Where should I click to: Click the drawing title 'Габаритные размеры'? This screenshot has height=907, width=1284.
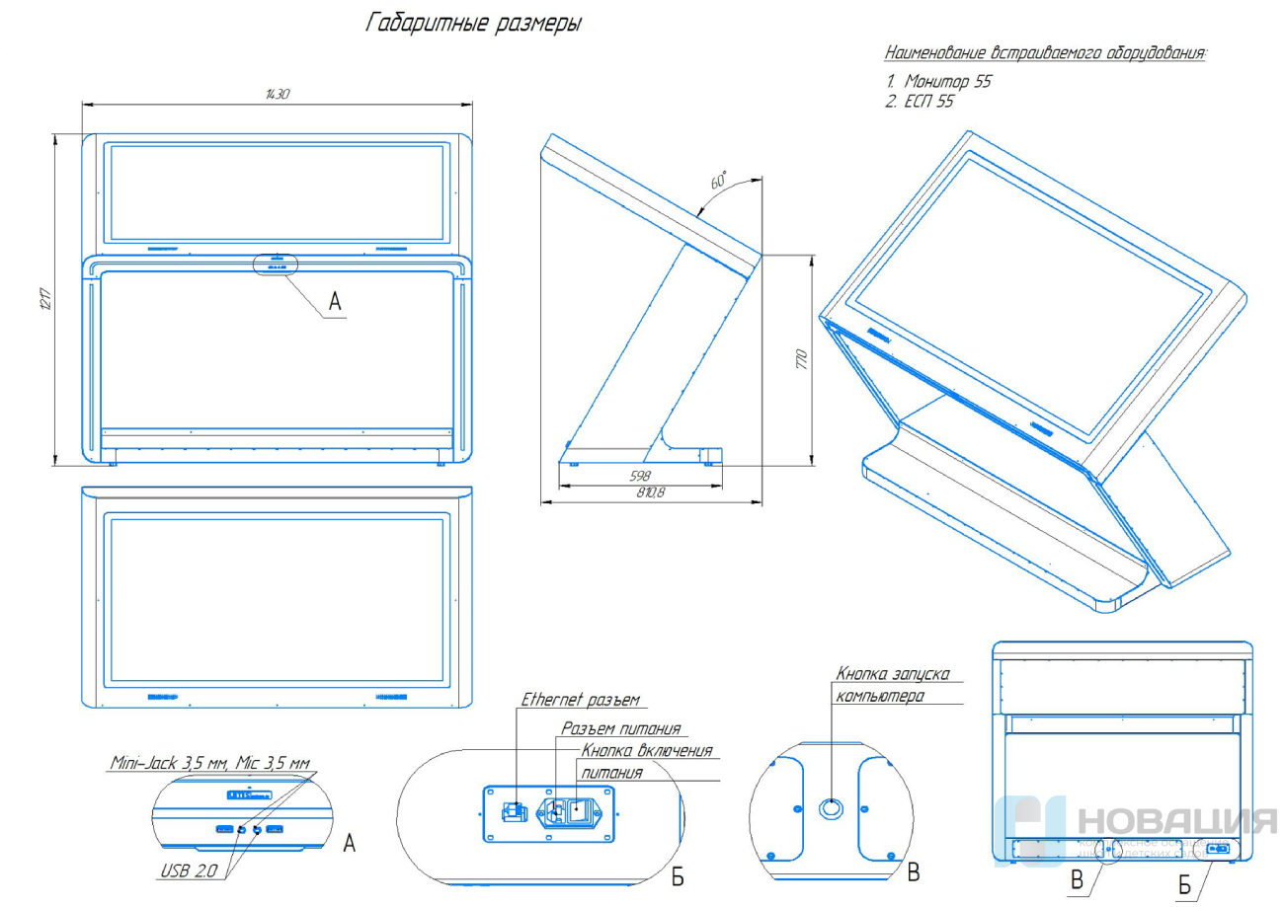click(x=473, y=23)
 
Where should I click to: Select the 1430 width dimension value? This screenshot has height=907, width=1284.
click(x=278, y=94)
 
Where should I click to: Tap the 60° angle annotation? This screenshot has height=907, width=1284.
click(x=718, y=182)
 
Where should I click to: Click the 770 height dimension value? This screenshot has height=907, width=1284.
click(x=802, y=358)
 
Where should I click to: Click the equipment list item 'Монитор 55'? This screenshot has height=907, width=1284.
click(x=946, y=82)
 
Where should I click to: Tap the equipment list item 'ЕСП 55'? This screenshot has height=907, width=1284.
click(x=928, y=102)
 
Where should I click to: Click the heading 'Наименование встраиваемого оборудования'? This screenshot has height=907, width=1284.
click(x=1046, y=52)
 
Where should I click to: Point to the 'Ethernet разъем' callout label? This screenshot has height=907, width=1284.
click(x=581, y=700)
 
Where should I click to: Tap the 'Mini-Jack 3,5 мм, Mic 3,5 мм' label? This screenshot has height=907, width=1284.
click(x=209, y=762)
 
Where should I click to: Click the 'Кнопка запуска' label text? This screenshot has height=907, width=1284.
click(x=893, y=674)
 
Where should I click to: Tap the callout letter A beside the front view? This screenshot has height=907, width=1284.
click(x=335, y=302)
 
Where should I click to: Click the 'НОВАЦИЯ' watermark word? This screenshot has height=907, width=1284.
click(x=1175, y=821)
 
